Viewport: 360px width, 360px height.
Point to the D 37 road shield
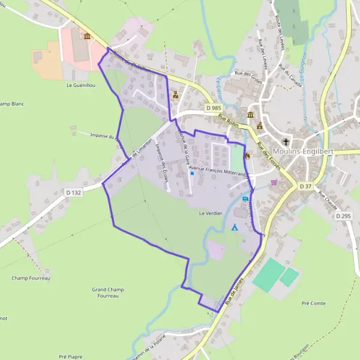tap(305, 187)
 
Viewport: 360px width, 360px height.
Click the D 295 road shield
tap(343, 215)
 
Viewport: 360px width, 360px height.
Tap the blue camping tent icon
tap(235, 227)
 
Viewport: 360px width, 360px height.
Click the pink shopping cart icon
tap(274, 182)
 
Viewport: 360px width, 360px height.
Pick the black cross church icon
tap(286, 142)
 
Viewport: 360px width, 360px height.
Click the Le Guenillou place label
tap(81, 86)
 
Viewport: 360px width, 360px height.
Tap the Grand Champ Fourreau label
tap(108, 292)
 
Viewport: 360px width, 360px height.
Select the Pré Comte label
tap(314, 304)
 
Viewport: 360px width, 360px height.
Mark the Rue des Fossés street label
tap(266, 152)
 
